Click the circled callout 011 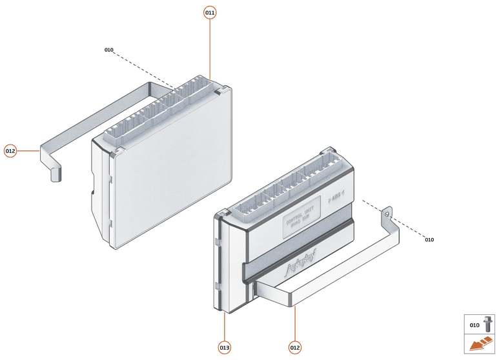pos(210,12)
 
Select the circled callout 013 pos(224,348)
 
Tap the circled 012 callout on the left pos(10,151)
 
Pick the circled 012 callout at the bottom pos(295,348)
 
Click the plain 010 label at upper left pos(108,50)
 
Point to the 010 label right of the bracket pos(429,240)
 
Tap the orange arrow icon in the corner pos(480,346)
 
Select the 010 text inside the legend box pos(474,325)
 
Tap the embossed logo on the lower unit pos(301,264)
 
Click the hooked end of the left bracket pos(56,173)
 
